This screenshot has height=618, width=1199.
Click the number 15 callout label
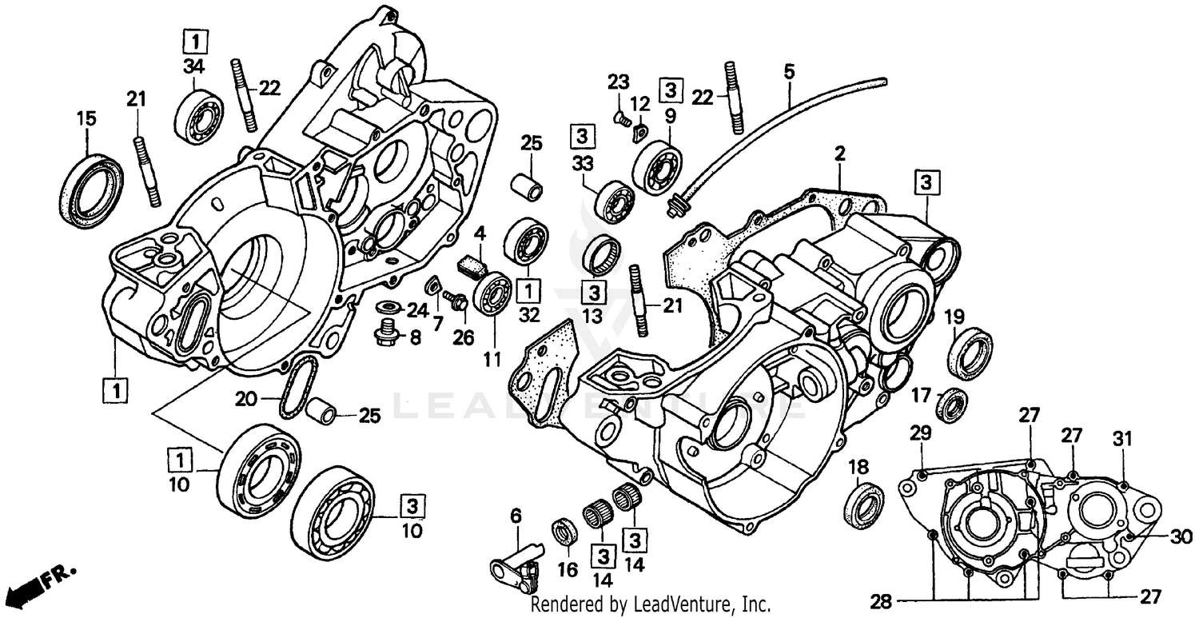[x=86, y=119]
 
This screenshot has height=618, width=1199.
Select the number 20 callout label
[x=248, y=397]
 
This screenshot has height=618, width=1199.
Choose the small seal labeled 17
[x=952, y=404]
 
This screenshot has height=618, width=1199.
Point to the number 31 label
[x=1123, y=438]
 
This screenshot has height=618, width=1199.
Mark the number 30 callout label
[x=1181, y=536]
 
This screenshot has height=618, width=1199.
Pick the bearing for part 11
[x=491, y=293]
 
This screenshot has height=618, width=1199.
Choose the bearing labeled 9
[x=657, y=167]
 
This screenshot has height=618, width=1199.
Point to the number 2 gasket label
[x=840, y=152]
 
